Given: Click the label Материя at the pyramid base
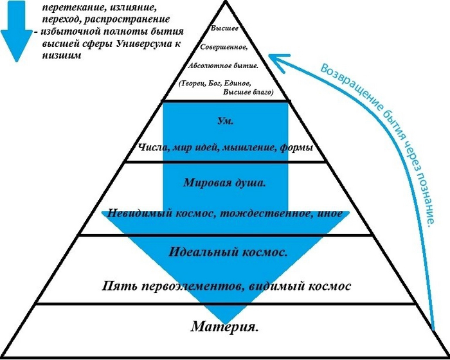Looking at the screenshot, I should pyautogui.click(x=225, y=327).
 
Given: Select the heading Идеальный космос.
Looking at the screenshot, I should pyautogui.click(x=228, y=251).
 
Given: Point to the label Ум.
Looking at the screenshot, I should pyautogui.click(x=225, y=120).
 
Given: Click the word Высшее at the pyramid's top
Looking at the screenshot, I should pyautogui.click(x=224, y=30).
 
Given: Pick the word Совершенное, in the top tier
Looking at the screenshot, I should pyautogui.click(x=224, y=48).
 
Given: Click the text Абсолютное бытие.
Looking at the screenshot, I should pyautogui.click(x=224, y=66).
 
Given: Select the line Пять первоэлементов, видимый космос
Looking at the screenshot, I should pyautogui.click(x=228, y=284).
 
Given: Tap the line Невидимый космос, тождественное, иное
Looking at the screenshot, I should pyautogui.click(x=225, y=213).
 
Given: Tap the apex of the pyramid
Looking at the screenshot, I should pyautogui.click(x=225, y=3).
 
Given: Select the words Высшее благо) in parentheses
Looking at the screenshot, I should pyautogui.click(x=248, y=93).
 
